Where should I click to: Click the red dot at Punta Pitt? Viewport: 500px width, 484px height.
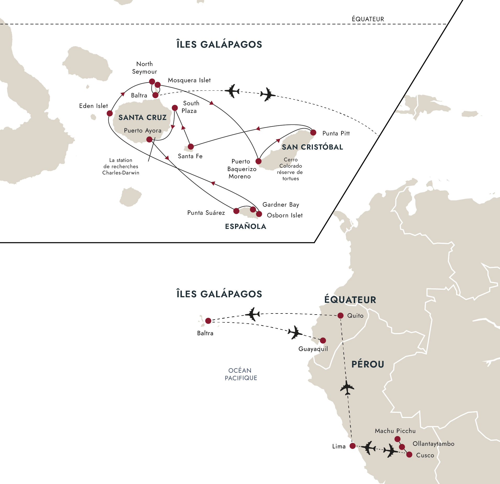click(x=313, y=133)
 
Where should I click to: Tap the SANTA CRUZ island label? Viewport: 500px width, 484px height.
click(x=142, y=118)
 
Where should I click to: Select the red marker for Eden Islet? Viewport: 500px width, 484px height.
click(x=110, y=113)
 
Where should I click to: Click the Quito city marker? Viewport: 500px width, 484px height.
click(x=340, y=316)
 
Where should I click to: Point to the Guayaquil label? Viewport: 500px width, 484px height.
click(x=313, y=349)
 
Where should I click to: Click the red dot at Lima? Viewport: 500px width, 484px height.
click(x=353, y=446)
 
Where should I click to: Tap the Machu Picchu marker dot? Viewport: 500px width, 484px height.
click(x=397, y=439)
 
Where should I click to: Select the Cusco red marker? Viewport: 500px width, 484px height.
click(x=409, y=455)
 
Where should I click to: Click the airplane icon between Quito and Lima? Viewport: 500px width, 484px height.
click(x=347, y=388)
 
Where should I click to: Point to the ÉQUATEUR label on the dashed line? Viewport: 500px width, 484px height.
click(x=368, y=19)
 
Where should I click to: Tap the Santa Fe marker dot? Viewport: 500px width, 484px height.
click(x=191, y=146)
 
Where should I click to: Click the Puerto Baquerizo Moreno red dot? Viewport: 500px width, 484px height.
click(x=259, y=161)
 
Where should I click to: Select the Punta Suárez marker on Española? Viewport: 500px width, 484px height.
click(x=236, y=211)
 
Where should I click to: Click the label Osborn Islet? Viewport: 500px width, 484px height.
click(x=285, y=215)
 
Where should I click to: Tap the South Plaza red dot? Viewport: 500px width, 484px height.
click(x=175, y=108)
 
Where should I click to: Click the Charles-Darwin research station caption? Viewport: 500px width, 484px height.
click(x=121, y=166)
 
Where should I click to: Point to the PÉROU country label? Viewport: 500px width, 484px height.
click(x=368, y=364)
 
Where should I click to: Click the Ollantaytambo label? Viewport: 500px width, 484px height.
click(x=433, y=444)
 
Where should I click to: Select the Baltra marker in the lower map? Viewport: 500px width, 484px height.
click(x=208, y=321)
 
